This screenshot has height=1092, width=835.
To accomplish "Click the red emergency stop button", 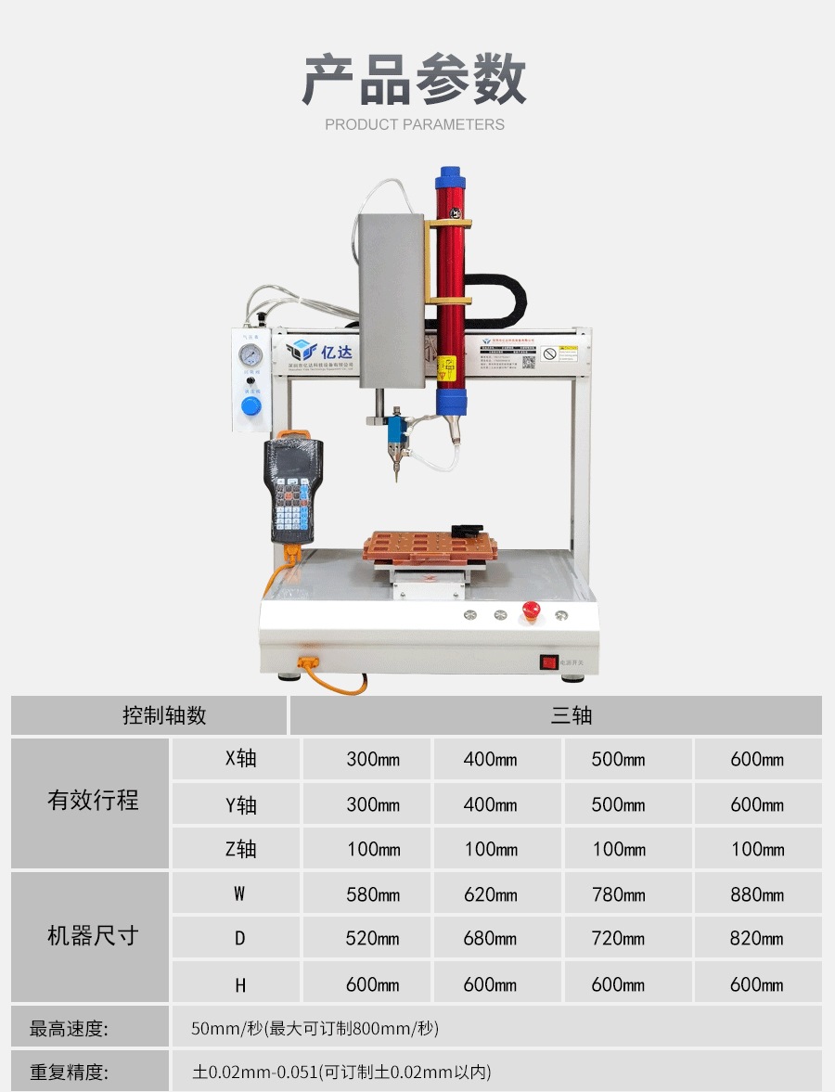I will (x=532, y=610).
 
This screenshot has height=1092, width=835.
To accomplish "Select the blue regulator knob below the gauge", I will (x=250, y=407).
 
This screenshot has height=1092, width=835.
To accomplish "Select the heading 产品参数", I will (x=415, y=80).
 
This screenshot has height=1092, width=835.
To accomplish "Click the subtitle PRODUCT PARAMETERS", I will (x=415, y=124).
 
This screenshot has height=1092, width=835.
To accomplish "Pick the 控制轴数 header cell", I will (x=164, y=715).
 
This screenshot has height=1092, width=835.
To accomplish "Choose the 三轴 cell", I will (x=571, y=715).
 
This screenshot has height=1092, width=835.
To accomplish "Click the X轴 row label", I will (x=240, y=759).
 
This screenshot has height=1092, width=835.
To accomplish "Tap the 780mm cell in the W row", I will (x=618, y=894).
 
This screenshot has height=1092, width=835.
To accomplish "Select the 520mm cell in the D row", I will (x=373, y=939).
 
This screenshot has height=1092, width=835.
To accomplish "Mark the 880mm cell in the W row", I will (x=757, y=894).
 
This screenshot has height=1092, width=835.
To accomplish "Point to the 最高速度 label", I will (x=69, y=1028).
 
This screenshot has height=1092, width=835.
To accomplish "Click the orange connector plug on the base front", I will (x=308, y=663).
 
